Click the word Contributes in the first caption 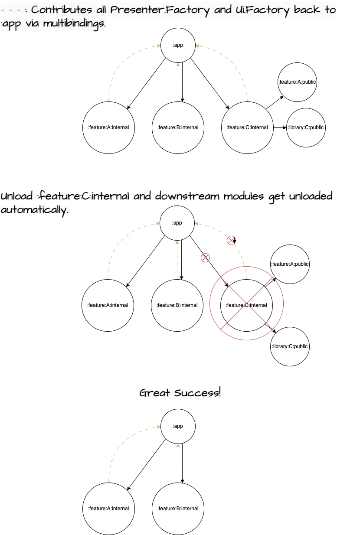tap(62, 10)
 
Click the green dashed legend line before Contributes tap(13, 10)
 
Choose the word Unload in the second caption tap(16, 196)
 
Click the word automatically tap(34, 210)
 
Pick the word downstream tap(187, 196)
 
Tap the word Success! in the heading tap(197, 393)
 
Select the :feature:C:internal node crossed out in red tap(246, 305)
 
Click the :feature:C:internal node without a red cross tap(247, 127)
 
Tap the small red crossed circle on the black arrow tap(205, 258)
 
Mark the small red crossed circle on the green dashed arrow tap(231, 240)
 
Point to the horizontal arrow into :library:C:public tap(280, 127)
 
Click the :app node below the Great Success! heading tap(178, 426)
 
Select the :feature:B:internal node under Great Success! tap(178, 509)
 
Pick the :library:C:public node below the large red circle tap(290, 346)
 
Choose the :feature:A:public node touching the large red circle tap(290, 264)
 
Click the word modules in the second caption tap(244, 196)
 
